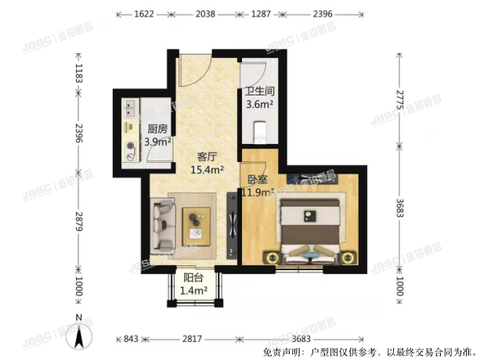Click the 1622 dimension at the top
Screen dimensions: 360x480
click(x=143, y=14)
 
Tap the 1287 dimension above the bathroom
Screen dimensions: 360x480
click(x=261, y=14)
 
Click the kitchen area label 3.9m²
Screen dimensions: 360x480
click(x=158, y=142)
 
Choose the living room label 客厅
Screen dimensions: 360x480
click(x=208, y=155)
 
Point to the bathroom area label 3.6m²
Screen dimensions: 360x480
click(x=259, y=103)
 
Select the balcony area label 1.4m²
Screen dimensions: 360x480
click(x=194, y=290)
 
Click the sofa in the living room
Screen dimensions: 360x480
click(x=163, y=222)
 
